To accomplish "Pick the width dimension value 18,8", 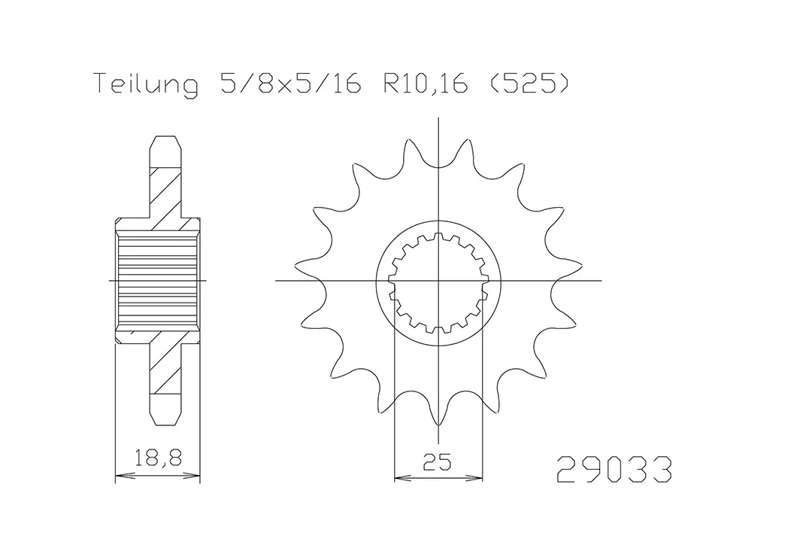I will (157, 458).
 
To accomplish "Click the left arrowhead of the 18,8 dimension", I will (119, 476).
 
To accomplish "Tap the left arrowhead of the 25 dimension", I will (399, 477).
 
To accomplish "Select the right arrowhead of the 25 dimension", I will (477, 477).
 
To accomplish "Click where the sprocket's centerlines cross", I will (438, 281).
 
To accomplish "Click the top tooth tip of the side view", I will (166, 139).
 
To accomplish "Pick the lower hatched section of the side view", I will (166, 369).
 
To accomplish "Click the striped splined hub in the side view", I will (157, 280).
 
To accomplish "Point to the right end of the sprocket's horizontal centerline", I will (601, 281).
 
